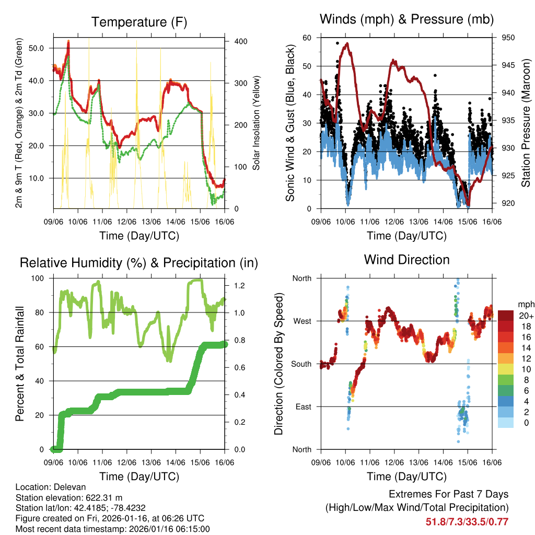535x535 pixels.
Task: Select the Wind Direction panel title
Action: [406, 259]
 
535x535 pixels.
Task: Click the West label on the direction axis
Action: [301, 321]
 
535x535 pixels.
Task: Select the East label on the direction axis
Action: [303, 406]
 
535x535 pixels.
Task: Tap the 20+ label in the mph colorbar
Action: [525, 316]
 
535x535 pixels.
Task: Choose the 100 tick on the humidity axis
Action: [40, 278]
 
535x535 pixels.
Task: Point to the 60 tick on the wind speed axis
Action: [307, 38]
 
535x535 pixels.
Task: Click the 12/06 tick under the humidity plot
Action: [126, 462]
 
